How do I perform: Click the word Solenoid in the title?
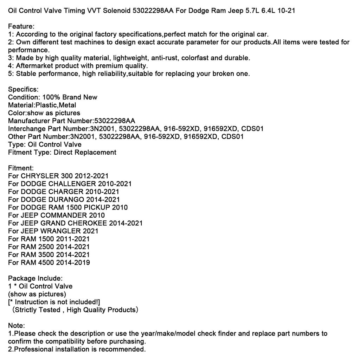pos(117,11)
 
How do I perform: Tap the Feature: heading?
pos(21,26)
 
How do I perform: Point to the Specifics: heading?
pos(23,89)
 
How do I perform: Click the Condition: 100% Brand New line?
pos(53,97)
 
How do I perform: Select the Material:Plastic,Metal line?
pos(42,105)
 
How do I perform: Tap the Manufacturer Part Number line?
pos(72,121)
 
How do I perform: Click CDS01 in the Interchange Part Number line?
pos(252,129)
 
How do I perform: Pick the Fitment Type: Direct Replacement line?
pos(62,153)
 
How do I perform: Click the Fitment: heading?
pos(21,168)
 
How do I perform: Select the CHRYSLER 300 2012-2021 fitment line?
pos(58,176)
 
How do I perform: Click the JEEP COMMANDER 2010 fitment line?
pos(57,215)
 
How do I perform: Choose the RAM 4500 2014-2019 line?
pos(49,263)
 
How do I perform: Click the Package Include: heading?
pos(36,278)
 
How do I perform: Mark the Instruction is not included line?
pos(54,302)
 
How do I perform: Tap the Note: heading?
pos(17,326)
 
